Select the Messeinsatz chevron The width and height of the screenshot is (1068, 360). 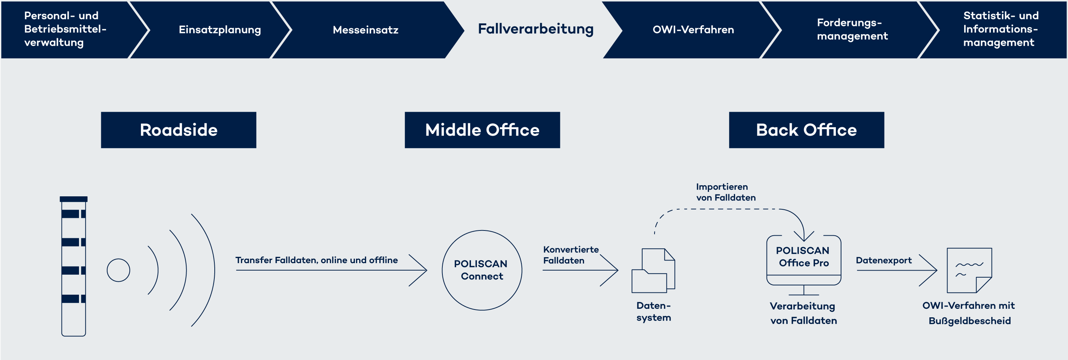pos(365,29)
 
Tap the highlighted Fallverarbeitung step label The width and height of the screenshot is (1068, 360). pos(535,29)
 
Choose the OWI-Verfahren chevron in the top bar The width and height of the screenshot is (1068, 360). pos(693,29)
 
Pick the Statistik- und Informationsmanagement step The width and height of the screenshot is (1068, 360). pos(1000,29)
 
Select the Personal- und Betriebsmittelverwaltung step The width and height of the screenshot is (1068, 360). pos(65,29)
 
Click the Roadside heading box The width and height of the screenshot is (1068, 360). pos(178,130)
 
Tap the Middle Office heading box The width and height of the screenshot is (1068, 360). pos(482,130)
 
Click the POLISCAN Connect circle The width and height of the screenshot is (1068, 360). pos(481,270)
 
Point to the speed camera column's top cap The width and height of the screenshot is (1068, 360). pos(73,199)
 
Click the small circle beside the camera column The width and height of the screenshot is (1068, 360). pos(118,270)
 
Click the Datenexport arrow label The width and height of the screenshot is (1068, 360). pos(883,260)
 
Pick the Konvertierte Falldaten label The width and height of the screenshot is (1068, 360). pos(570,255)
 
